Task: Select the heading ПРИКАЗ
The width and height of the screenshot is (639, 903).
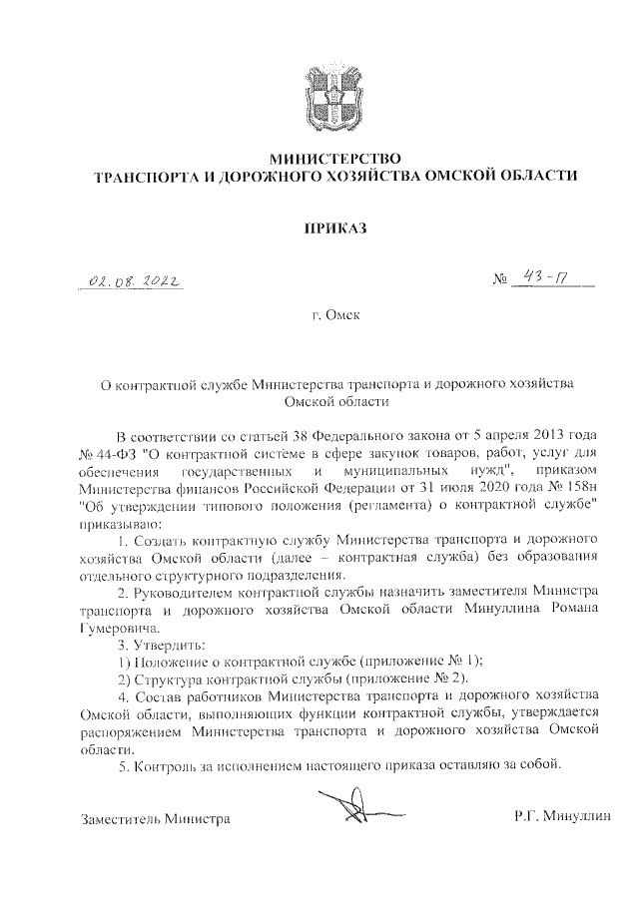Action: point(334,228)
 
